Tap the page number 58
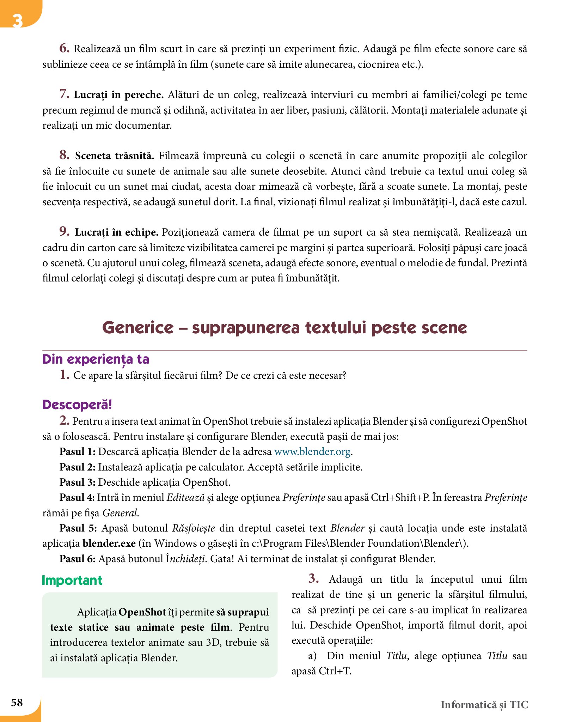[17, 703]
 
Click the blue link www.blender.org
[312, 452]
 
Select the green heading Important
[72, 581]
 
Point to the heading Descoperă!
[77, 405]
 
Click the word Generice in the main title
[138, 328]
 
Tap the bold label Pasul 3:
[78, 482]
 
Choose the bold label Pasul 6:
[78, 559]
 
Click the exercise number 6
[64, 48]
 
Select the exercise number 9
[64, 232]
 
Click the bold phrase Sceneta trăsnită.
[115, 156]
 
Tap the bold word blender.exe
[109, 543]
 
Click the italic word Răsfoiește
[194, 528]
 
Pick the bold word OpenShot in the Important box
[142, 612]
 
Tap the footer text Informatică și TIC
[484, 705]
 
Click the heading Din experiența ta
[96, 359]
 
